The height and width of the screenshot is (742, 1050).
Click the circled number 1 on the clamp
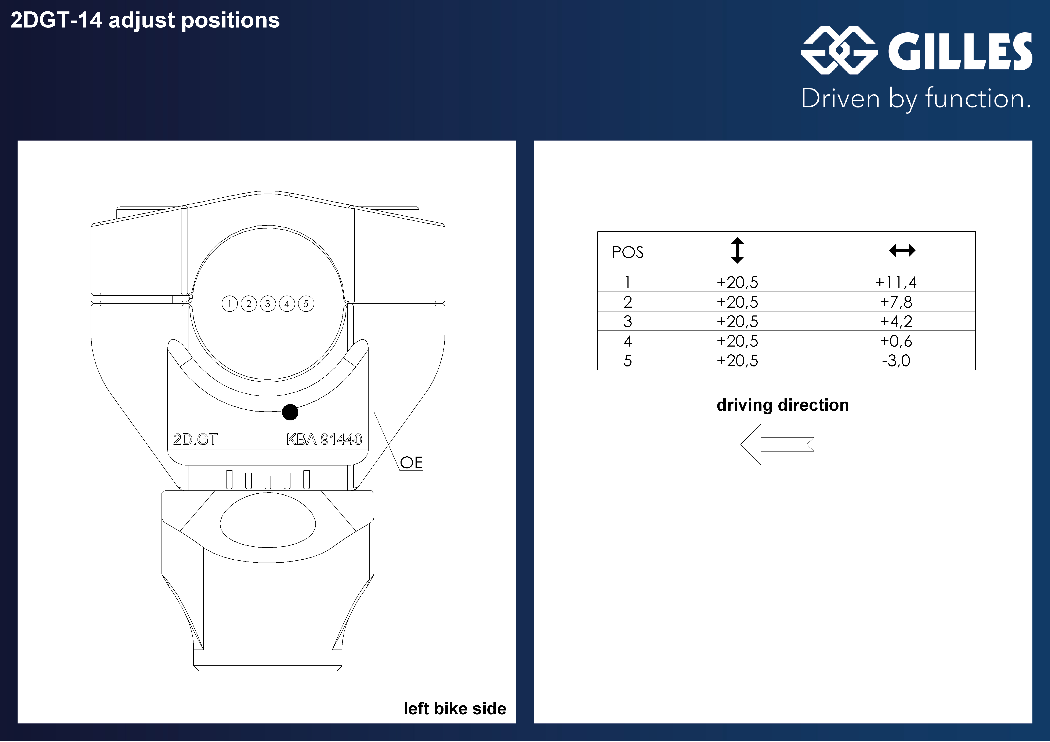click(229, 304)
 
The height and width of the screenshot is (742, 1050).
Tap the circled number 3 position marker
click(268, 304)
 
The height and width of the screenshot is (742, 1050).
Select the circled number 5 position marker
click(306, 304)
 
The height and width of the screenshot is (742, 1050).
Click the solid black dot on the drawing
click(290, 412)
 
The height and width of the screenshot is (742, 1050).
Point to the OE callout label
click(411, 463)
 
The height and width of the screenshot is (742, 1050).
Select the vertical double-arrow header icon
click(737, 251)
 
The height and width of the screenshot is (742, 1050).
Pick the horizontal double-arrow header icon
click(902, 251)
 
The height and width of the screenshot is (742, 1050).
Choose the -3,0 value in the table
click(896, 361)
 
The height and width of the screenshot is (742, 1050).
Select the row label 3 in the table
click(627, 321)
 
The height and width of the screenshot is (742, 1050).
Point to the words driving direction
click(782, 405)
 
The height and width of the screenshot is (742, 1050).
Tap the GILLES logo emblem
click(839, 50)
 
